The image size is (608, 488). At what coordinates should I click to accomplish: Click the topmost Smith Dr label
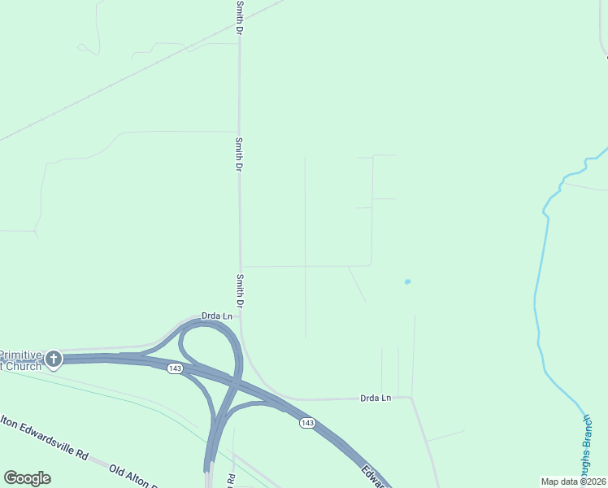[240, 17]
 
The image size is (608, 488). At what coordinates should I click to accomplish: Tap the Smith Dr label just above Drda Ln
[241, 290]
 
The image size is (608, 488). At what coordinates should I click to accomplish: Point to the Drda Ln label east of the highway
[376, 398]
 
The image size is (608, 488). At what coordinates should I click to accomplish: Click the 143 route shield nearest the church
[175, 368]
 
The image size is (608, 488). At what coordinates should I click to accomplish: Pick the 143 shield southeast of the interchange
[306, 422]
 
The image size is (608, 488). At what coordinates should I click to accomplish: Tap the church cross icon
[54, 358]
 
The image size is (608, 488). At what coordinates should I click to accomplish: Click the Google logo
[27, 478]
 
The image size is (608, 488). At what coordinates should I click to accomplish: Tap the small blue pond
[407, 282]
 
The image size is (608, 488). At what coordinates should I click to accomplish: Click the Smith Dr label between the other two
[240, 153]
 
